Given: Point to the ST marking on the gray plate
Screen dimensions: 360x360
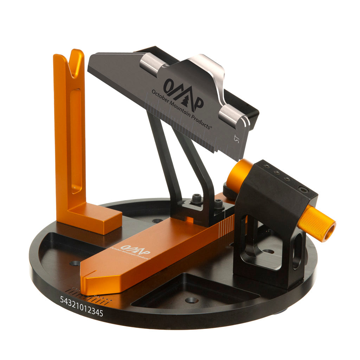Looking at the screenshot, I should tap(237, 139).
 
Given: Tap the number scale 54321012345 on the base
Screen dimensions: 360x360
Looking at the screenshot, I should tap(82, 306).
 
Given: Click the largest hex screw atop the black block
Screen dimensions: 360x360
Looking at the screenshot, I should tap(303, 190).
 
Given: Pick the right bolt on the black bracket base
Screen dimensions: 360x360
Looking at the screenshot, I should tap(219, 204).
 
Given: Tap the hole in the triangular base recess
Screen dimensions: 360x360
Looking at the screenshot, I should tap(192, 300).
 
